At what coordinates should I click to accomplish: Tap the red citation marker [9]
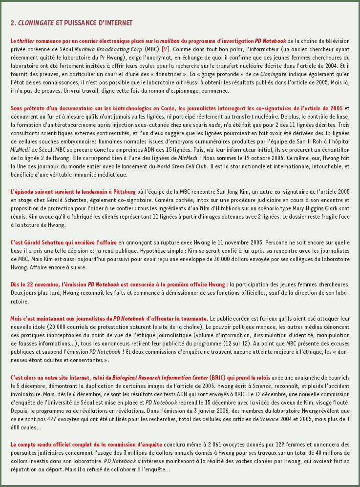166,49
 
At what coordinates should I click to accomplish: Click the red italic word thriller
26,41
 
